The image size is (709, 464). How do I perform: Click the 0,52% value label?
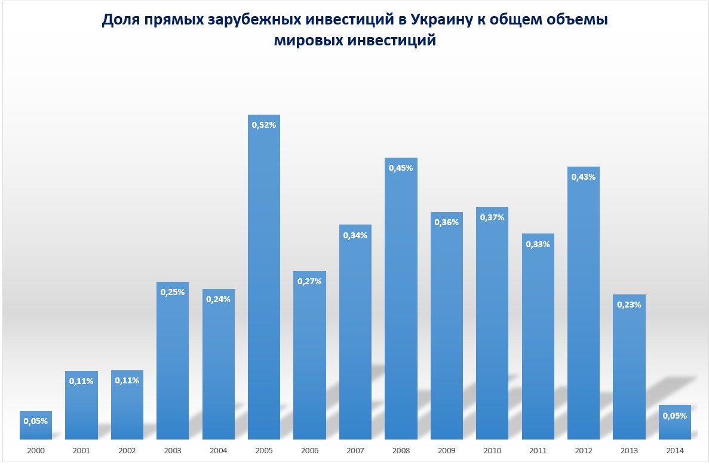264,125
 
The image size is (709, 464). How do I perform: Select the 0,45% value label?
401,168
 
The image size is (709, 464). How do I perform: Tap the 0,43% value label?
584,177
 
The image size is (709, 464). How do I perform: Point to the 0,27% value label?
309,281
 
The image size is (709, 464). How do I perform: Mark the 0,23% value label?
630,305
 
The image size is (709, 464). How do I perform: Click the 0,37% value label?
492,217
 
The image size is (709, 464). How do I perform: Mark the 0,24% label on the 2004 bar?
218,299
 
